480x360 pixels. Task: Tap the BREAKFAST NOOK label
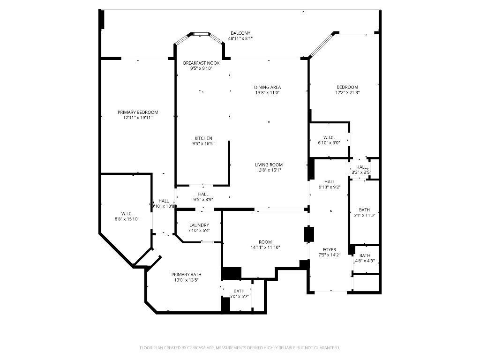pyautogui.click(x=201, y=63)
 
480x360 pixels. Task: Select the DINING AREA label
pyautogui.click(x=268, y=87)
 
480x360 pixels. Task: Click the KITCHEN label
pyautogui.click(x=203, y=138)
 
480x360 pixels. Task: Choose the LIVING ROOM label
pyautogui.click(x=269, y=165)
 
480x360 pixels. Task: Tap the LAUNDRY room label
pyautogui.click(x=199, y=225)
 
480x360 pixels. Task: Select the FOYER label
pyautogui.click(x=329, y=249)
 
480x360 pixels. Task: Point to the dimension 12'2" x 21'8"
pyautogui.click(x=347, y=92)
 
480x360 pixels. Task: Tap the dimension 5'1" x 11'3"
pyautogui.click(x=365, y=215)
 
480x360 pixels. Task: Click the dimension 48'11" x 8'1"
pyautogui.click(x=240, y=38)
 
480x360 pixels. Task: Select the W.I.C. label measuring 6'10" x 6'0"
pyautogui.click(x=328, y=137)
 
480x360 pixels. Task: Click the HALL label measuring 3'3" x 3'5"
pyautogui.click(x=361, y=167)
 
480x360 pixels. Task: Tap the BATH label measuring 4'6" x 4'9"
pyautogui.click(x=365, y=255)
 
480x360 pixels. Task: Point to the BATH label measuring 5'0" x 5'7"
pyautogui.click(x=239, y=291)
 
